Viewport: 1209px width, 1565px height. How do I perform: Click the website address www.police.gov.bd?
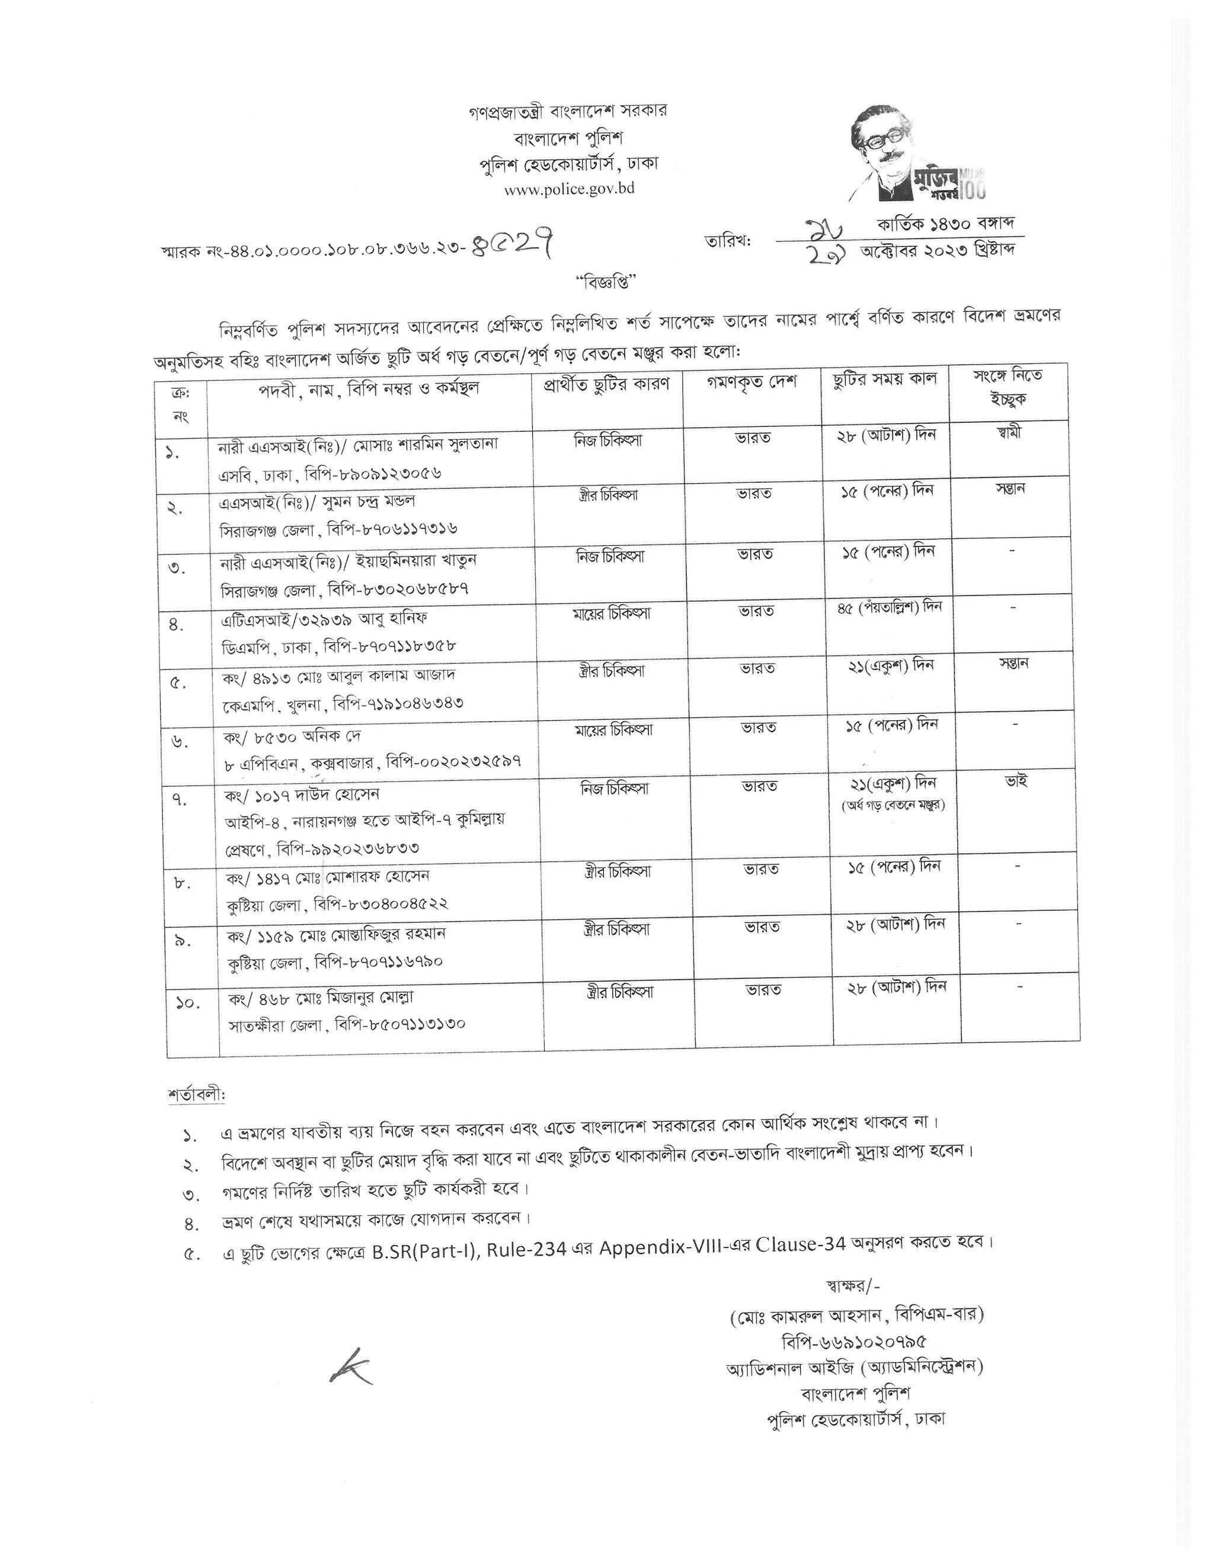(569, 189)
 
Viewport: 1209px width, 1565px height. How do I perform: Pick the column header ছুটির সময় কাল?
(885, 380)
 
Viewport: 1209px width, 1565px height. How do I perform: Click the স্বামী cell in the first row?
(1007, 433)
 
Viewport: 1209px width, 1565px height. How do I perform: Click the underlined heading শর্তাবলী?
(196, 1095)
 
